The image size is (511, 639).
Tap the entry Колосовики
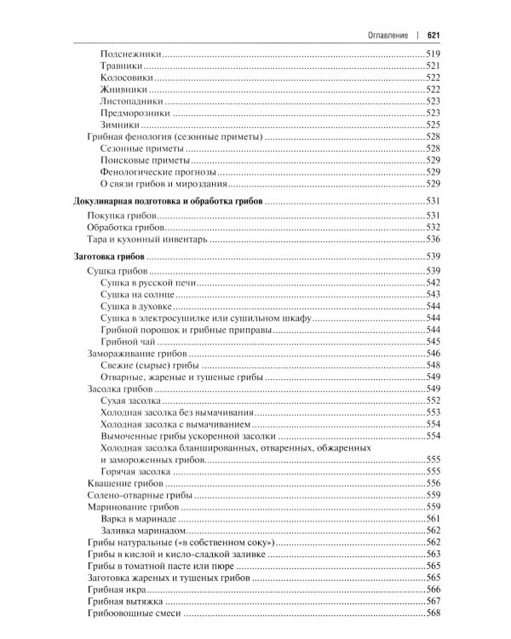127,77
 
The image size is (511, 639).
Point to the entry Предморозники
135,112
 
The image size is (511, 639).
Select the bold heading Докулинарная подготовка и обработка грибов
164,201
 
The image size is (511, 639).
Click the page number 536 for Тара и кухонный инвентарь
432,241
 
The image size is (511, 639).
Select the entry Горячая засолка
135,471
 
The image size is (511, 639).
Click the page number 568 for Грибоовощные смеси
432,613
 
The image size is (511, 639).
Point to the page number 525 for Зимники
432,124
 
